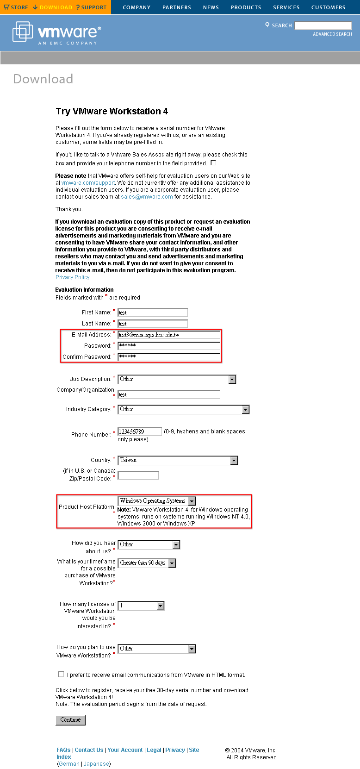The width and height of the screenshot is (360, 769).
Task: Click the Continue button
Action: (x=70, y=720)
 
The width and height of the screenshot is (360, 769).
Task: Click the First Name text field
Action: (x=153, y=313)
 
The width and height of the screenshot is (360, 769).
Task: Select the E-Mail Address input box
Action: (x=169, y=335)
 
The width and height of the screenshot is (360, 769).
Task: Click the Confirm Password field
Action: (x=169, y=356)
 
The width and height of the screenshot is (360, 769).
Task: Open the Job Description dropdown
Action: (x=177, y=379)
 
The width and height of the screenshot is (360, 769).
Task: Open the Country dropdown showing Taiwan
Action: (x=178, y=460)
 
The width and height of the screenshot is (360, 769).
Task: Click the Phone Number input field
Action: (x=140, y=431)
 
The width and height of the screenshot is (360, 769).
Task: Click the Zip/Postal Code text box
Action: (x=138, y=475)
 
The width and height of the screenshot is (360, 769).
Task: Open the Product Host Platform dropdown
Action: (x=157, y=501)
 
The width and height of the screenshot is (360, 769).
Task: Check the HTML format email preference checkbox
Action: (x=61, y=674)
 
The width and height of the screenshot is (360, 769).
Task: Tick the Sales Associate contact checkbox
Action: (x=213, y=163)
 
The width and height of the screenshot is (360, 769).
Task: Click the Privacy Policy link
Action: (x=72, y=277)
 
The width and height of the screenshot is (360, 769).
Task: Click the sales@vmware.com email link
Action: (x=147, y=197)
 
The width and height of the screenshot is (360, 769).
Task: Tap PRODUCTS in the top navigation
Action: (x=246, y=7)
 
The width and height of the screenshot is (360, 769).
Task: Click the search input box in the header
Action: (x=323, y=25)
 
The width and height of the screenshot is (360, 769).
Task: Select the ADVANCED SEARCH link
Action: (x=332, y=34)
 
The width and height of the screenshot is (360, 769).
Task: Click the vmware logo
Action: (x=56, y=32)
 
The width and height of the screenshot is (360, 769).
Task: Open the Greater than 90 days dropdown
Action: (x=147, y=563)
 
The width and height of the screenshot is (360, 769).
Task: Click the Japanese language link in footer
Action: (x=97, y=764)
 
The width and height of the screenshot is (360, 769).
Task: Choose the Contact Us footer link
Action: (x=89, y=750)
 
